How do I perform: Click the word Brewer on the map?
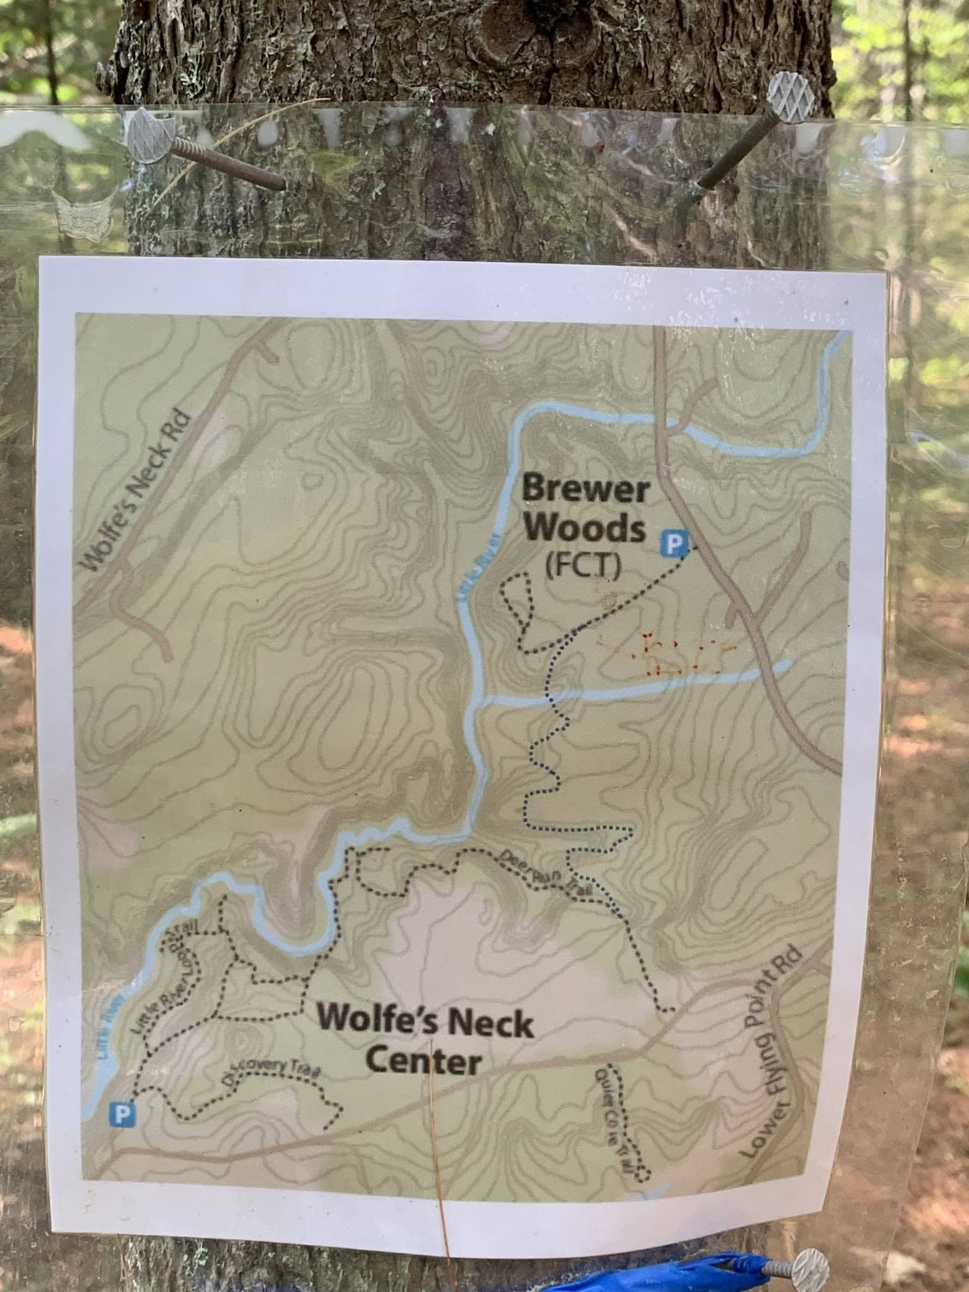tap(585, 490)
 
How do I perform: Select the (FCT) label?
tap(584, 567)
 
